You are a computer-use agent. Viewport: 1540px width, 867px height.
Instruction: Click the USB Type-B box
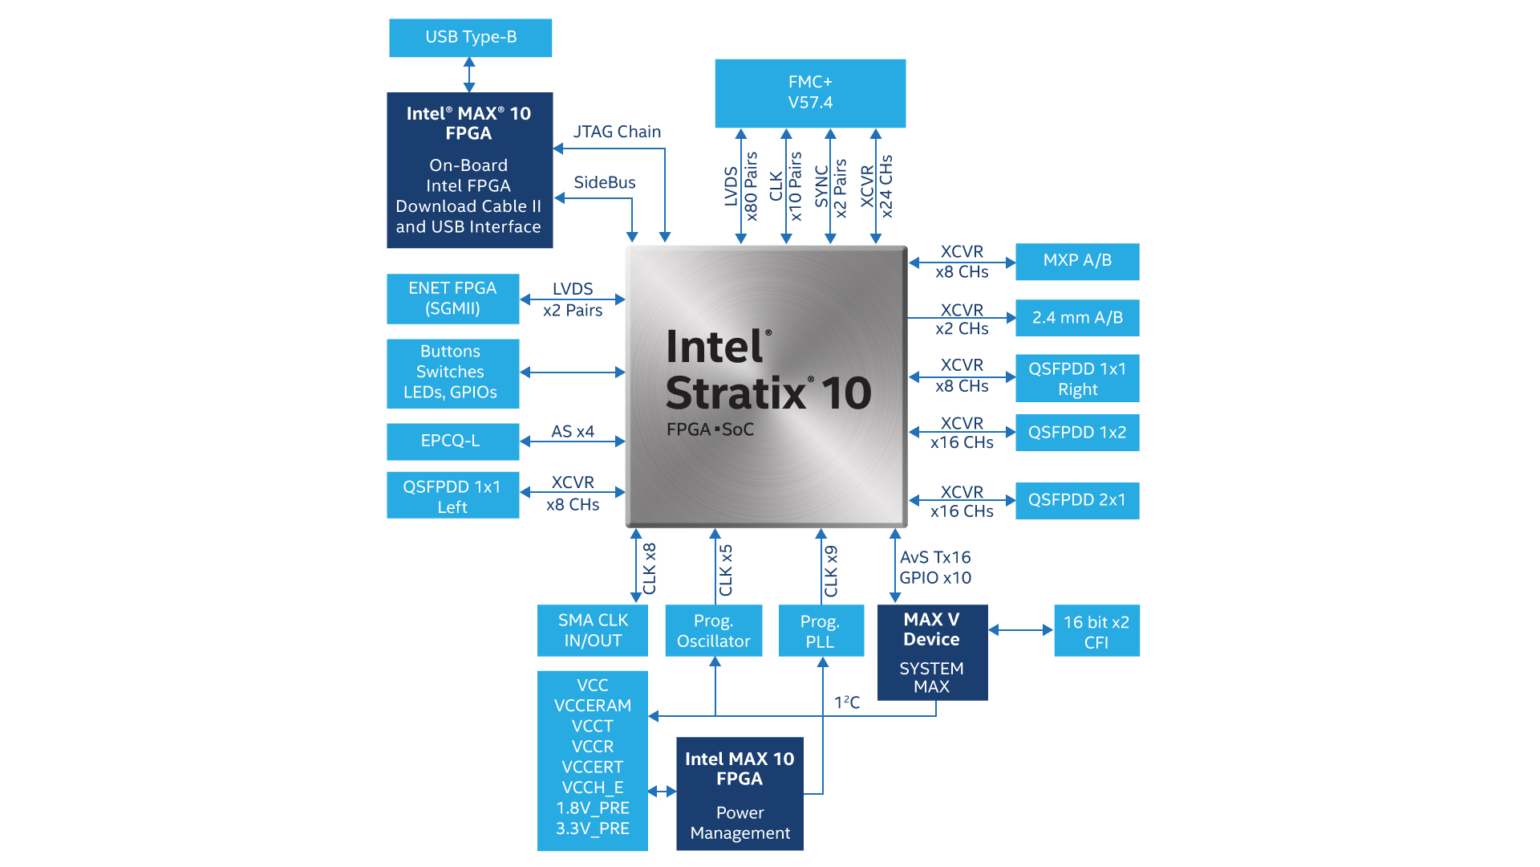pyautogui.click(x=470, y=38)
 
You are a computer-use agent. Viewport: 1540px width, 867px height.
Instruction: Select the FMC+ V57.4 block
pyautogui.click(x=810, y=92)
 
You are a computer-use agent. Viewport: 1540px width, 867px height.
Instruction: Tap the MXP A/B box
pyautogui.click(x=1076, y=261)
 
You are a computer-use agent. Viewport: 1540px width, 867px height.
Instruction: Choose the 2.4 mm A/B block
pyautogui.click(x=1076, y=318)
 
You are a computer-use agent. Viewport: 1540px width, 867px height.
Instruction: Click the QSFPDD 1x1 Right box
pyautogui.click(x=1076, y=378)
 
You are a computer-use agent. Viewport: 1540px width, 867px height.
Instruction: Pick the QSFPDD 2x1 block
pyautogui.click(x=1076, y=500)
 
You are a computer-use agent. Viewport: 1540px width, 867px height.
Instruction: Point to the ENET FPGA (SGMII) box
pyautogui.click(x=452, y=299)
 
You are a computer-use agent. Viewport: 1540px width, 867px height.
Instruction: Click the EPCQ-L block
pyautogui.click(x=452, y=441)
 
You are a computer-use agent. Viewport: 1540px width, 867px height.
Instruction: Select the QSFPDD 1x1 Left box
pyautogui.click(x=452, y=495)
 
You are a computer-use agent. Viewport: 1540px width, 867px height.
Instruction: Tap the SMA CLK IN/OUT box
pyautogui.click(x=592, y=630)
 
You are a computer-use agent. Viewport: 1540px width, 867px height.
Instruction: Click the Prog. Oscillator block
pyautogui.click(x=713, y=630)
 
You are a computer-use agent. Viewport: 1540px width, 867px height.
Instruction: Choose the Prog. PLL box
pyautogui.click(x=821, y=630)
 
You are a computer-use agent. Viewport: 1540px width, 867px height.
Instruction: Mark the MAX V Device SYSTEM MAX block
pyautogui.click(x=932, y=652)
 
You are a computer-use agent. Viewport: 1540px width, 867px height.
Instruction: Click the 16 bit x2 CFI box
pyautogui.click(x=1096, y=631)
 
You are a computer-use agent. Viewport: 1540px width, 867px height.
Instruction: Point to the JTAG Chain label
pyautogui.click(x=617, y=132)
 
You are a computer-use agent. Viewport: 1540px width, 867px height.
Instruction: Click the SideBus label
pyautogui.click(x=605, y=182)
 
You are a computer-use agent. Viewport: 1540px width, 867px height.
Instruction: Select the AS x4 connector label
pyautogui.click(x=573, y=431)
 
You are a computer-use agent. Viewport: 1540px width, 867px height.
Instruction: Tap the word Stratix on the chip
pyautogui.click(x=736, y=393)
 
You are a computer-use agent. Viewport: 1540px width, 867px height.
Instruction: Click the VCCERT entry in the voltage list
pyautogui.click(x=592, y=767)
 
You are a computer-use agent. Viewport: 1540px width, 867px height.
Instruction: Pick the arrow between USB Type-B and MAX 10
pyautogui.click(x=469, y=75)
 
